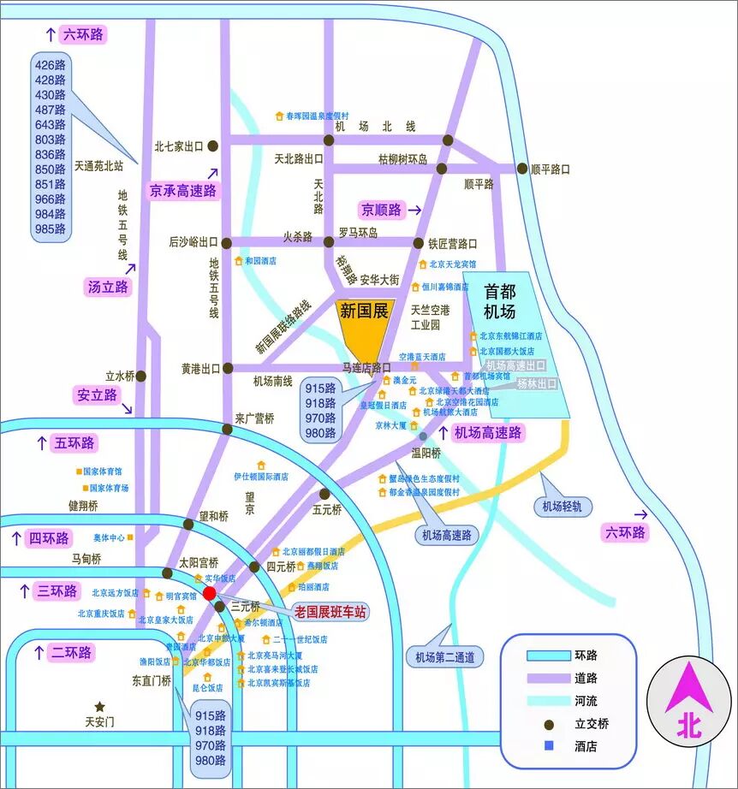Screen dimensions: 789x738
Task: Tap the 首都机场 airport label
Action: (x=500, y=300)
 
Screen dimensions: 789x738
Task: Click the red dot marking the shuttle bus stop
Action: (x=210, y=593)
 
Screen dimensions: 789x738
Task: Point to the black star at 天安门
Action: (x=100, y=707)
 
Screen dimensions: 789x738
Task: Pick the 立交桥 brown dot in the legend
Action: (x=547, y=724)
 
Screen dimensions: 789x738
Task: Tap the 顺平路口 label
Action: (x=551, y=169)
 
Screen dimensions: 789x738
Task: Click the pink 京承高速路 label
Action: (x=183, y=190)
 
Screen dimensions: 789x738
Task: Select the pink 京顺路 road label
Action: (x=382, y=210)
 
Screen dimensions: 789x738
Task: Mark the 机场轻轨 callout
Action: (x=562, y=506)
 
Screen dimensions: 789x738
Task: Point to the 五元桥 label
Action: (x=327, y=510)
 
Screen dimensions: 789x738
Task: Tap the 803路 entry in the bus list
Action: (x=51, y=139)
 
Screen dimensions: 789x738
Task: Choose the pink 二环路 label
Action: (x=70, y=652)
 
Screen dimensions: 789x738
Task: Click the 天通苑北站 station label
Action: (x=99, y=166)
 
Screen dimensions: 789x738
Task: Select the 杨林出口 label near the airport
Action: (x=537, y=384)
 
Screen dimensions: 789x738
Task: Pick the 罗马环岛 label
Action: (x=358, y=233)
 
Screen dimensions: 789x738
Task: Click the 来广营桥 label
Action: (x=255, y=418)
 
